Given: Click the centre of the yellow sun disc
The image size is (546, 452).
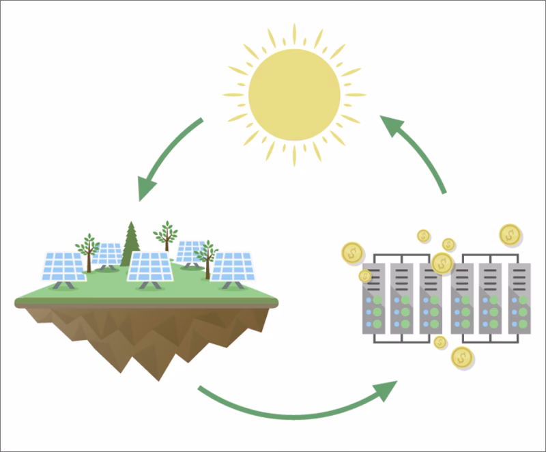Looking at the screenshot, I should point(294,94).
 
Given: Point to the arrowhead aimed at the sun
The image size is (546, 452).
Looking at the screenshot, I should point(392,127).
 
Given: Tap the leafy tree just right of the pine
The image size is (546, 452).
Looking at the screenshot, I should point(166,235).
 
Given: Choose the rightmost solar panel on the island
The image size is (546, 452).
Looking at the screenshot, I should point(231,267).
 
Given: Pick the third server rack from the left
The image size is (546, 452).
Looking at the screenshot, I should point(432,300).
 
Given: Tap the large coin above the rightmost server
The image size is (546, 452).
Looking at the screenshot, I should point(510,235).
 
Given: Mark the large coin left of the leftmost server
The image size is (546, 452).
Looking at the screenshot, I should point(352,253).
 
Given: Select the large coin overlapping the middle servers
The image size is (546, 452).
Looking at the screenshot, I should point(442,262).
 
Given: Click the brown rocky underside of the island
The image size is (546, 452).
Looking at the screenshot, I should point(143,335).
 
